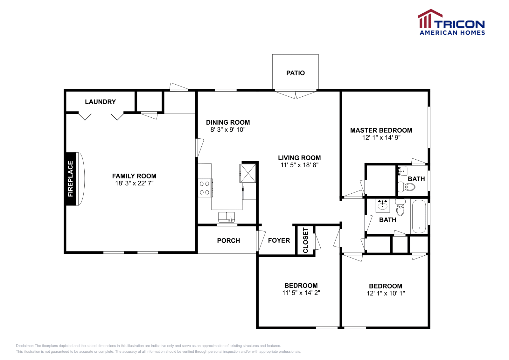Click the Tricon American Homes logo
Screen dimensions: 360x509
pyautogui.click(x=451, y=22)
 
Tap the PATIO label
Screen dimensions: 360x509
pyautogui.click(x=295, y=73)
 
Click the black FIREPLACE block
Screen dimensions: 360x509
pyautogui.click(x=70, y=179)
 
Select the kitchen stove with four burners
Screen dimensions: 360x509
pyautogui.click(x=205, y=188)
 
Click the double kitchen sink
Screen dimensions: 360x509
pyautogui.click(x=227, y=217)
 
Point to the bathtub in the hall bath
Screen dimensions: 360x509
pyautogui.click(x=419, y=216)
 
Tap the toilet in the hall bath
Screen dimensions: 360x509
pyautogui.click(x=400, y=208)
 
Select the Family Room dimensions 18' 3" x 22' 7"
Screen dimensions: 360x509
pyautogui.click(x=134, y=183)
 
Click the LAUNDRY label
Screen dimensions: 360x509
pyautogui.click(x=100, y=102)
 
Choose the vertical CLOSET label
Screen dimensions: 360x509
pyautogui.click(x=305, y=240)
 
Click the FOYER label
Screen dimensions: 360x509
pyautogui.click(x=279, y=240)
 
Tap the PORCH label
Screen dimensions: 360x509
pyautogui.click(x=228, y=241)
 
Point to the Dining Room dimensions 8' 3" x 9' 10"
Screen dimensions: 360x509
pyautogui.click(x=228, y=130)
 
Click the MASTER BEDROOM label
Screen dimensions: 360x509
pyautogui.click(x=381, y=130)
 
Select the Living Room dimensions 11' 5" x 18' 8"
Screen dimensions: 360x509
pyautogui.click(x=299, y=165)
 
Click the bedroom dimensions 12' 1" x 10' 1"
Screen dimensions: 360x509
pyautogui.click(x=386, y=294)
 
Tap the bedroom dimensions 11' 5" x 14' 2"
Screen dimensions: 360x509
pyautogui.click(x=301, y=293)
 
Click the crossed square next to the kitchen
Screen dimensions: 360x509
pyautogui.click(x=248, y=173)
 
